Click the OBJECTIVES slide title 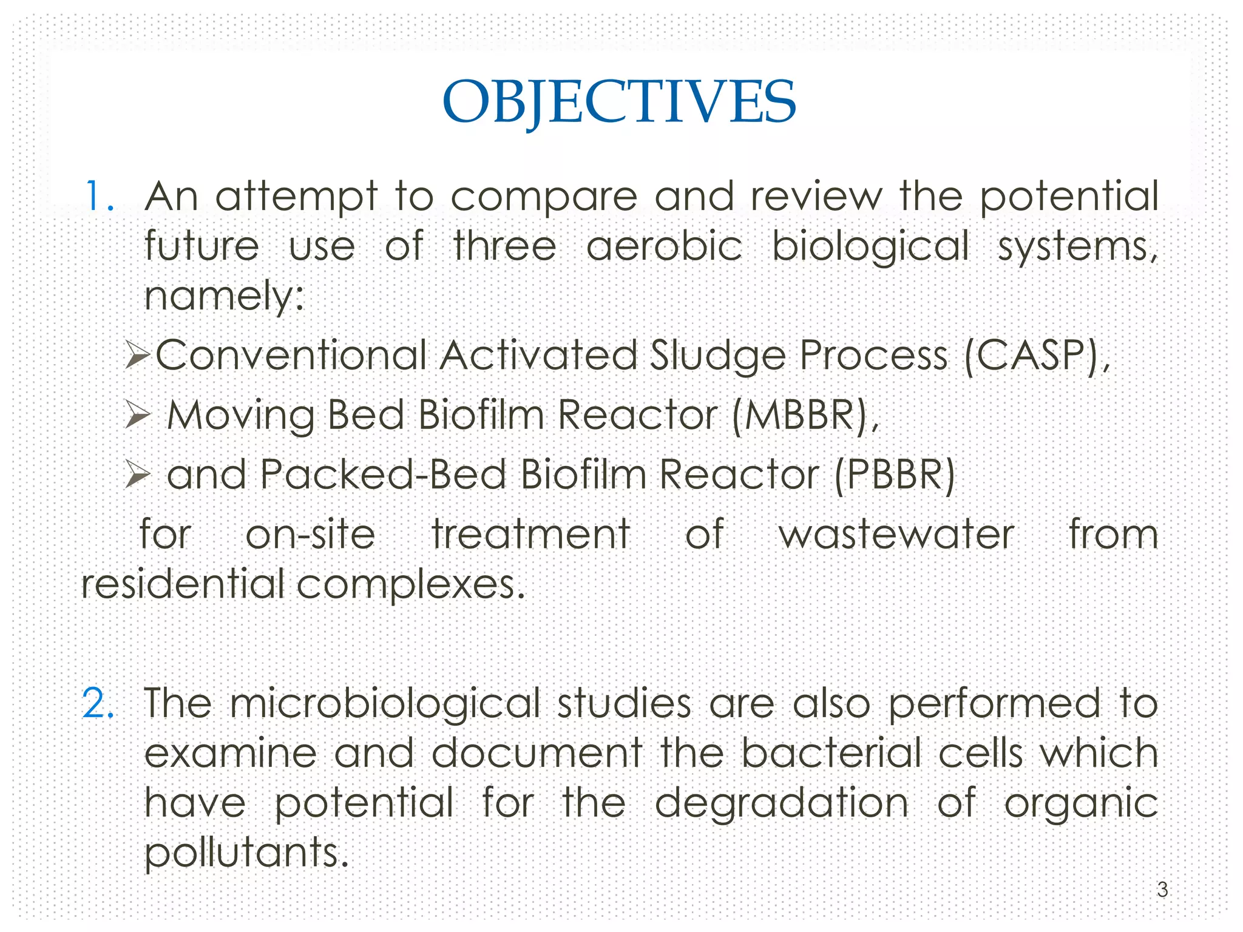pos(619,102)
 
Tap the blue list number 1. pos(99,197)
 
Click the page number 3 pos(1162,890)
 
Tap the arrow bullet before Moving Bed pos(137,416)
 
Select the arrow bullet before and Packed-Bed pos(137,474)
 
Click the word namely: pos(224,297)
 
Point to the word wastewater pos(896,535)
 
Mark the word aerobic pos(664,246)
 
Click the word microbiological pos(385,704)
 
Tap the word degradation pos(782,803)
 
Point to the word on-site pos(310,535)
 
